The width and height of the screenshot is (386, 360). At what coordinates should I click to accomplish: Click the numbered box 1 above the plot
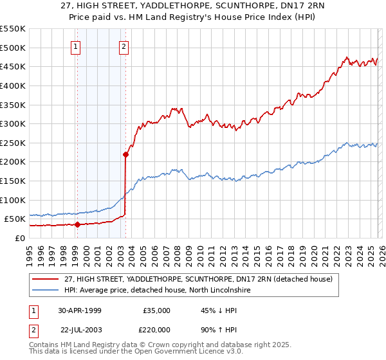(77, 46)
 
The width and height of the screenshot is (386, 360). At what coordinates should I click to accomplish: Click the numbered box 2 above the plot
(124, 46)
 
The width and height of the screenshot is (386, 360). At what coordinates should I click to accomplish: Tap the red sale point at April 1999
(77, 224)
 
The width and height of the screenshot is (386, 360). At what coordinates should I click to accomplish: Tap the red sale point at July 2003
(125, 154)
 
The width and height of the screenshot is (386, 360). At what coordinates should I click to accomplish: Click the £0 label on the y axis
(21, 238)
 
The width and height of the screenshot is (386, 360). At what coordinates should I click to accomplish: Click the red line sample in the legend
(46, 280)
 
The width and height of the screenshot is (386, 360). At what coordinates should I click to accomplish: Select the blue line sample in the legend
(46, 291)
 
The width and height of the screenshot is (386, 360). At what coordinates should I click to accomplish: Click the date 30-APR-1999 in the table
(79, 310)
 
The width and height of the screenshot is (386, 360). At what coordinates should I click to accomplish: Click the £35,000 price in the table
(156, 310)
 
